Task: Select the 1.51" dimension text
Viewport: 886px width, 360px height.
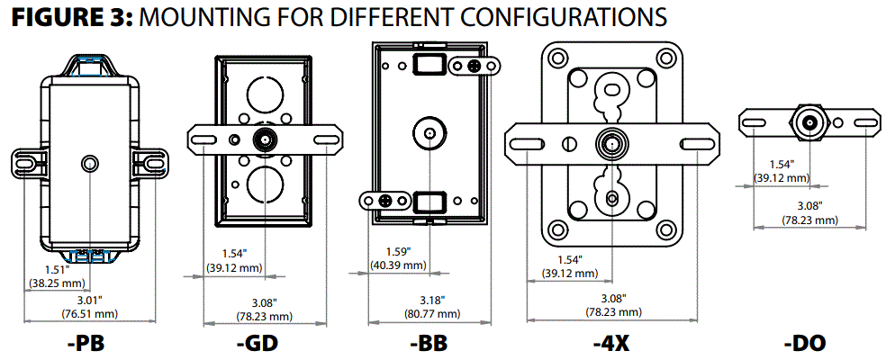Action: [56, 269]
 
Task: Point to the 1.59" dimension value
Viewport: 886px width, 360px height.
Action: [396, 252]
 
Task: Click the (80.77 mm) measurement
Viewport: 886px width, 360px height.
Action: [433, 315]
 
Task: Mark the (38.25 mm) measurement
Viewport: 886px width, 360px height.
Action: [56, 282]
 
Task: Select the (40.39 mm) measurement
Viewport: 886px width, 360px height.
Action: [396, 265]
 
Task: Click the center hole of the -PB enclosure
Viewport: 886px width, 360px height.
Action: [89, 163]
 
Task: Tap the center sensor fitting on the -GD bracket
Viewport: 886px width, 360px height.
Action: [264, 139]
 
